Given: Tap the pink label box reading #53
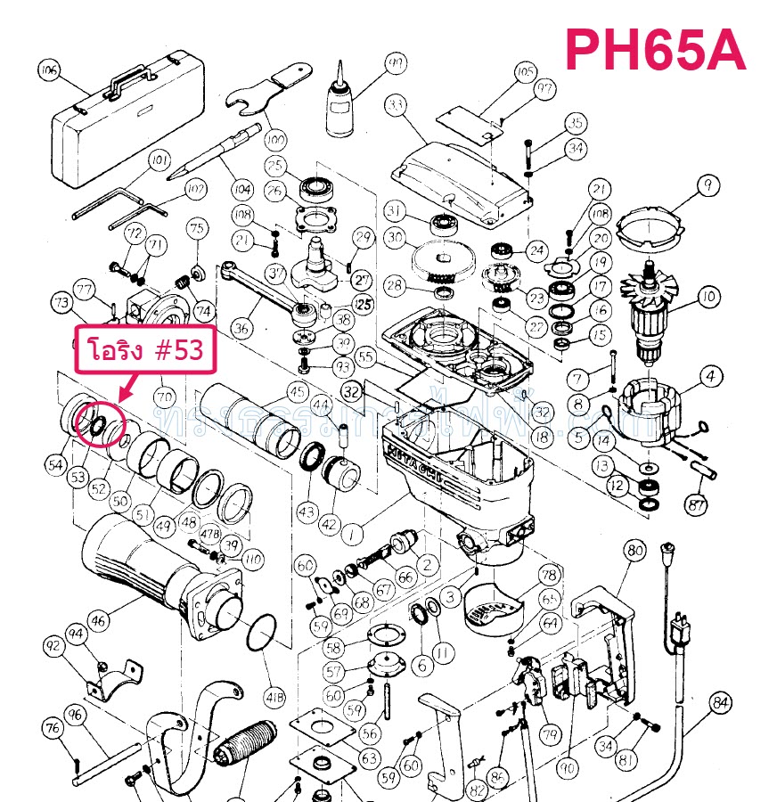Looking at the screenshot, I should pos(144,351).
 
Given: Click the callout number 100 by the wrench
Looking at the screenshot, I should pos(275,140).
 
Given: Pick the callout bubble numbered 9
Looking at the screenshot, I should pos(707,185).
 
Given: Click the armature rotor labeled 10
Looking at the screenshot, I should pos(655,307).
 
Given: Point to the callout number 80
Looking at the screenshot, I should pos(634,551).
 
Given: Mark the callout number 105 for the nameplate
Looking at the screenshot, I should pos(525,71).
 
